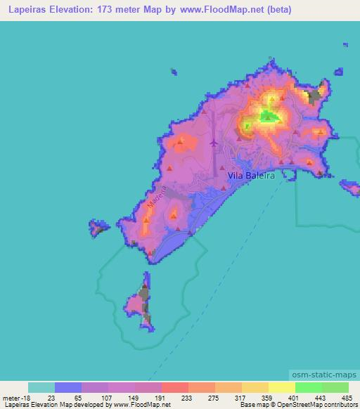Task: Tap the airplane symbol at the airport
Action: [214, 143]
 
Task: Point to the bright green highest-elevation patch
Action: [269, 116]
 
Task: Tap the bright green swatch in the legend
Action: [309, 387]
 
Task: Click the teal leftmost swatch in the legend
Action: [41, 387]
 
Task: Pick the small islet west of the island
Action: [96, 228]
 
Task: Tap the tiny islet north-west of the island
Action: [174, 71]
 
